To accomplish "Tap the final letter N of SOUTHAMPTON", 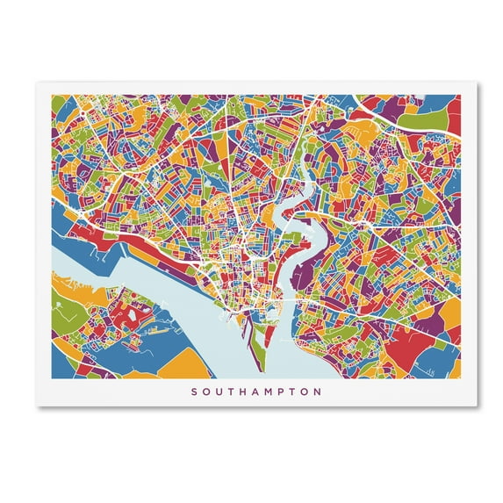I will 318,392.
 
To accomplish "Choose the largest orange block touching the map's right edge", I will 449,312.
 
